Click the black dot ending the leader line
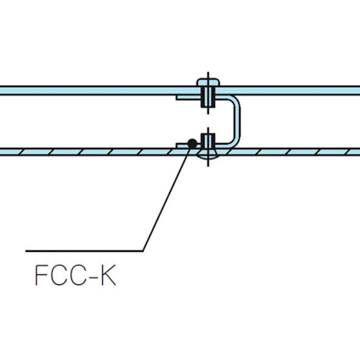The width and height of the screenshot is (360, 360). point(192,144)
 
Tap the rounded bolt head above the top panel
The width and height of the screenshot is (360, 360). point(208,82)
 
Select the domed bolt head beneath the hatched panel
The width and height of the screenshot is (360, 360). point(208,157)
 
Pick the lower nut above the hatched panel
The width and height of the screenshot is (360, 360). point(208,141)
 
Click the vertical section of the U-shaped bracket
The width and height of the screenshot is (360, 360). point(237,121)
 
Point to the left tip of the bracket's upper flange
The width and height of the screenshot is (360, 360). point(176,97)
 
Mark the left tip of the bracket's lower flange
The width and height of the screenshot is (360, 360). point(176,145)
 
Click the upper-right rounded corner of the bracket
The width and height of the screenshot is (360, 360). point(235,100)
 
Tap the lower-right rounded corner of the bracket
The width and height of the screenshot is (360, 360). point(235,141)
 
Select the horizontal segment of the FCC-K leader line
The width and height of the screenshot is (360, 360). point(84,251)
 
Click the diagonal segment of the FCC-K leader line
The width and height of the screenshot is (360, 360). point(167,199)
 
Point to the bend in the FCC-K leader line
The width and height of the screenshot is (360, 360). point(143,251)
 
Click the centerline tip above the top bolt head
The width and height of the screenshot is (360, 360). point(208,72)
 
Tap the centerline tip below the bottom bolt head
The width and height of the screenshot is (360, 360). point(208,166)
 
